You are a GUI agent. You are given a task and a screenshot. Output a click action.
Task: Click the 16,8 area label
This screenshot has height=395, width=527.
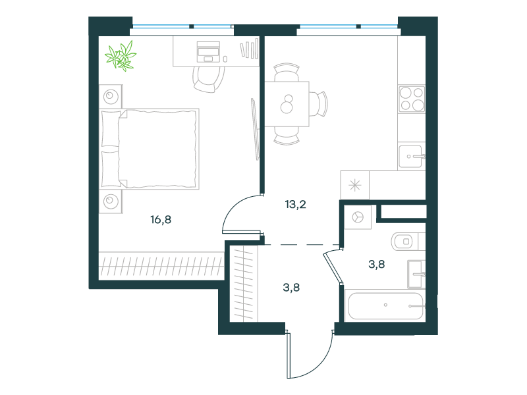[161, 220]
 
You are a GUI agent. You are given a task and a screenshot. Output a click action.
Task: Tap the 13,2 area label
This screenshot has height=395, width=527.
[295, 204]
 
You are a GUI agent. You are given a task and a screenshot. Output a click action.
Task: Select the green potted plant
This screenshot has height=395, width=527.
[121, 56]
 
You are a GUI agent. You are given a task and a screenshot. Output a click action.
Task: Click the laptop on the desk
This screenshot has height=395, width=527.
[208, 52]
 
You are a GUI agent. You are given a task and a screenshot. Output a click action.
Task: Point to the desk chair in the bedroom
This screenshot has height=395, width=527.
[209, 78]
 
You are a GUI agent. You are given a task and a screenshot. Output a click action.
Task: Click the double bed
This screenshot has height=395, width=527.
[150, 149]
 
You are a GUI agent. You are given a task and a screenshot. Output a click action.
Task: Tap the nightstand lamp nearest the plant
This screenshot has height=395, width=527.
[111, 97]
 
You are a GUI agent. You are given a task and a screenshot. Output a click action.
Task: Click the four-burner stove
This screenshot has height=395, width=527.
[411, 99]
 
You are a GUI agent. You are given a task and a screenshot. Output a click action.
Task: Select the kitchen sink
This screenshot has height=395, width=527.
[410, 156]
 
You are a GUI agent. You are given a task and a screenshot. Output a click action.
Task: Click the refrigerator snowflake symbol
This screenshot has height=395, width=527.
[355, 186]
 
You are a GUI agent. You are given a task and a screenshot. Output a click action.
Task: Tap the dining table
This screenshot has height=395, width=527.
[287, 104]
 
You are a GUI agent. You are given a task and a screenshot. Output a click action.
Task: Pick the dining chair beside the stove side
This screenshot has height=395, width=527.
[318, 104]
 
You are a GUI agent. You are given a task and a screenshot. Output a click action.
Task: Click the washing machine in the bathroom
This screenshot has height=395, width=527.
[358, 217]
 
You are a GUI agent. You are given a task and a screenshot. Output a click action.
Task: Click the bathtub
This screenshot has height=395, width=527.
[385, 305]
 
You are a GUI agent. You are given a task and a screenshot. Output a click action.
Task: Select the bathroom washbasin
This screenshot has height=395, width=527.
[416, 274]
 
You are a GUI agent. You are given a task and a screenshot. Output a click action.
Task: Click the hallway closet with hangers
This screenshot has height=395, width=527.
[244, 284]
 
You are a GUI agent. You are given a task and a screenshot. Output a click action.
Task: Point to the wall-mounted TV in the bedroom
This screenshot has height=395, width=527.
[256, 129]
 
